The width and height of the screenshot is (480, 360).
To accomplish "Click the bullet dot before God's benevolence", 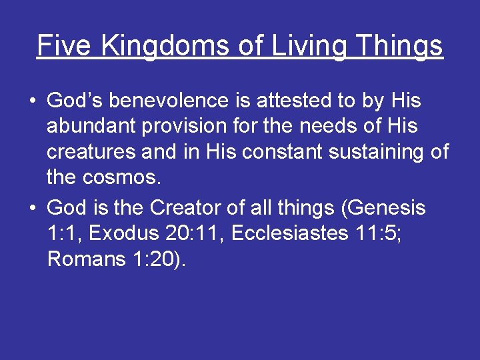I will [x=32, y=101].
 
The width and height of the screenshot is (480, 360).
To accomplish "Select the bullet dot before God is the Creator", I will [x=32, y=209].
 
